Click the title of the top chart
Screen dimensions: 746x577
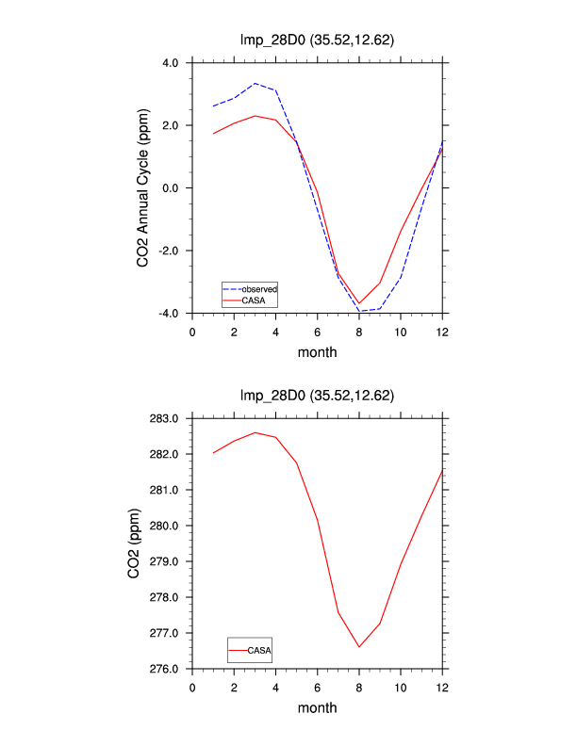coord(317,41)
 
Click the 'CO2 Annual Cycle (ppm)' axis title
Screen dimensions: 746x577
coord(143,188)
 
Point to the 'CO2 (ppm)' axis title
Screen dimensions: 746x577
coord(143,543)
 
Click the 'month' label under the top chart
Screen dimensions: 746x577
coord(317,352)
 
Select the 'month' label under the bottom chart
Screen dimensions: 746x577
coord(317,707)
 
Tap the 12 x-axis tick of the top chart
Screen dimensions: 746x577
coord(442,332)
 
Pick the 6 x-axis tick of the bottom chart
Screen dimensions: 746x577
coord(318,687)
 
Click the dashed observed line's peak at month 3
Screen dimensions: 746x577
coord(255,83)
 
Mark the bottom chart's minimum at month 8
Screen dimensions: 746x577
coord(359,647)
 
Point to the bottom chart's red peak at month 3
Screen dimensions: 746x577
coord(255,432)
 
